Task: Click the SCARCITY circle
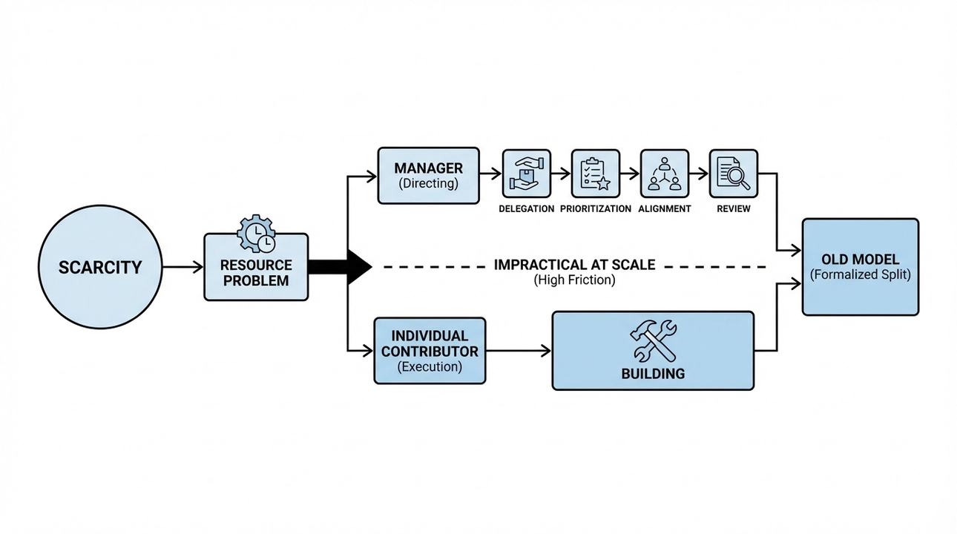coord(99,267)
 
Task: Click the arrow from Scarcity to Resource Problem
coord(182,266)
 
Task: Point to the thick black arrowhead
coord(358,266)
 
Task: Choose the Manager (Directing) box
coord(428,175)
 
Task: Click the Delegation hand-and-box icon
coord(527,174)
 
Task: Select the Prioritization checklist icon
coord(595,174)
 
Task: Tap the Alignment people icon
coord(664,174)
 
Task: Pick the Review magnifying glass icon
coord(733,174)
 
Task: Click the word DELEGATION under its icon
coord(526,209)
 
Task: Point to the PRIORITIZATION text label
coord(596,209)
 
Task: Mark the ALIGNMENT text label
coord(664,209)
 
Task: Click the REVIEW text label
coord(733,209)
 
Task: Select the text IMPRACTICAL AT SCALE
coord(574,265)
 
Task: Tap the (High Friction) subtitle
coord(574,281)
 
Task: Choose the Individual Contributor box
coord(430,351)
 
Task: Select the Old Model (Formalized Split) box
coord(860,267)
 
